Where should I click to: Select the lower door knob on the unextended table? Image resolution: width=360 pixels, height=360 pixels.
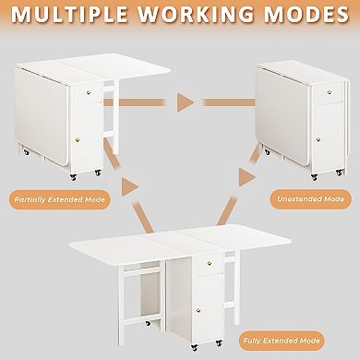tap(318, 139)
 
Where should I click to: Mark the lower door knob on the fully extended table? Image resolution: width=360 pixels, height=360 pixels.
tap(204, 312)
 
